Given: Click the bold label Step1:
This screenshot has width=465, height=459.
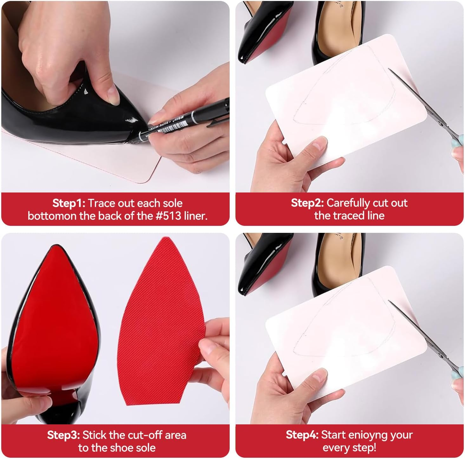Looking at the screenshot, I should (69, 203).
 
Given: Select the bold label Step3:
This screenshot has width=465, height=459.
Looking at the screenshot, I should (63, 435).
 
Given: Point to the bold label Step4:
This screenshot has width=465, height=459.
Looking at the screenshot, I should (302, 435).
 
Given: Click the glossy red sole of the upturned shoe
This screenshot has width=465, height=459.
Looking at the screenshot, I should (57, 318).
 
